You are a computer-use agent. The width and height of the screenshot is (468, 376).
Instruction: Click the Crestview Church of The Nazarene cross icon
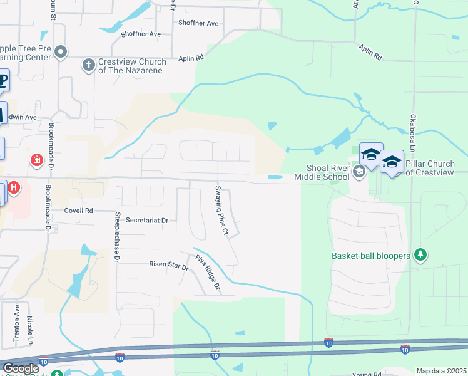coord(89,63)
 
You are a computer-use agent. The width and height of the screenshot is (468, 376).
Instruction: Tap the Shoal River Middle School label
coord(328,172)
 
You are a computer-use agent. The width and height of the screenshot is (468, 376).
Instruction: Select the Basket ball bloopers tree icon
coord(422,255)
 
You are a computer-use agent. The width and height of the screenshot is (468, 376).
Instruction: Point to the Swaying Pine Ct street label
coord(221,211)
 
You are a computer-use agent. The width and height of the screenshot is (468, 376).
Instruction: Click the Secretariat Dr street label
coord(147,221)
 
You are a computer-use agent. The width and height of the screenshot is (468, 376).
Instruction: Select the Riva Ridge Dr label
coord(208,274)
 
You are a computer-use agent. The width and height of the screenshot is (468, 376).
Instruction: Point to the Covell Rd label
coord(78,211)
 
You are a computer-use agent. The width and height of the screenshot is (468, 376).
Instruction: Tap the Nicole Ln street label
coord(30,329)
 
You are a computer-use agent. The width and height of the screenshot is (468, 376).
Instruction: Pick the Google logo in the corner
coord(21,368)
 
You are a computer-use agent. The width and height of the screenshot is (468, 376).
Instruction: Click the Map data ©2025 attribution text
coord(441,371)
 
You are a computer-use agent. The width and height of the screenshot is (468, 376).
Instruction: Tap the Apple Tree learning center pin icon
coord(61,52)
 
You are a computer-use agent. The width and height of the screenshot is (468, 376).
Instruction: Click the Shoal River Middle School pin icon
coord(359,172)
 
